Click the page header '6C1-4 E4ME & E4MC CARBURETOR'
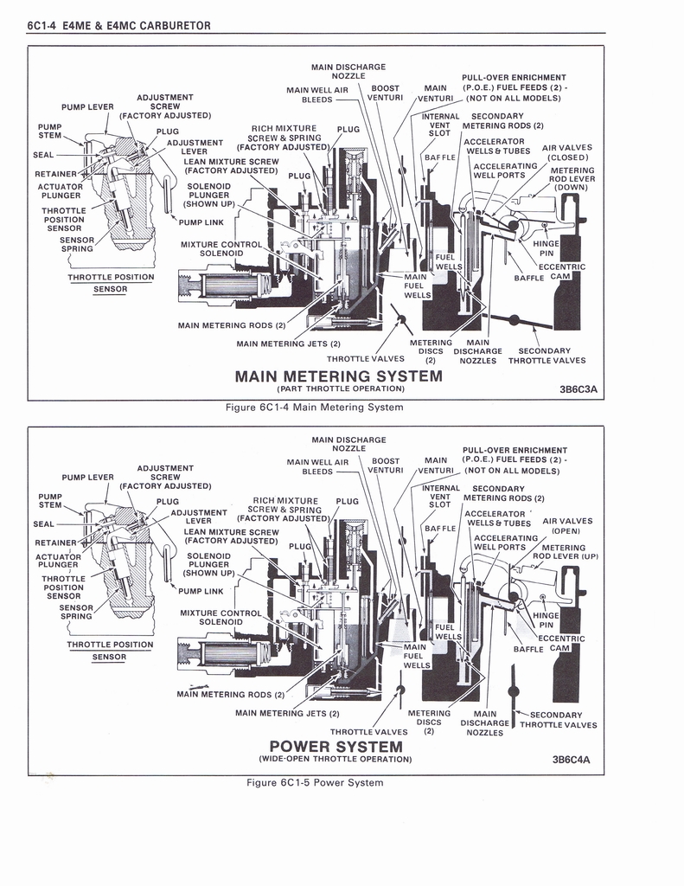pos(118,25)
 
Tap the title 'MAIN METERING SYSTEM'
pos(338,376)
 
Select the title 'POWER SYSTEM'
pos(336,747)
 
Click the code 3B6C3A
pos(578,389)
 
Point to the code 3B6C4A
pos(571,760)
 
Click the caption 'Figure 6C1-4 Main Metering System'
pos(314,408)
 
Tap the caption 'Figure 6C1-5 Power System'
pos(315,782)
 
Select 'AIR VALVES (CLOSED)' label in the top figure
pos(567,152)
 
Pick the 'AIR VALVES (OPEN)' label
pos(567,526)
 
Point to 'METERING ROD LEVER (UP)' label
pos(565,552)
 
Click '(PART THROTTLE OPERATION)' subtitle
pos(341,388)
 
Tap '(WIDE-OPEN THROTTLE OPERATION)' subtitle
pos(336,759)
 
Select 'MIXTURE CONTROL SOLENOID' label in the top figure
pos(221,249)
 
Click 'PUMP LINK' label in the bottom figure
pos(201,591)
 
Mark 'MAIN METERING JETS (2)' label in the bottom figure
pos(287,714)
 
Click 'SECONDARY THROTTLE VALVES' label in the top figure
pos(547,356)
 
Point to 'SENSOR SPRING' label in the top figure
pos(77,245)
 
